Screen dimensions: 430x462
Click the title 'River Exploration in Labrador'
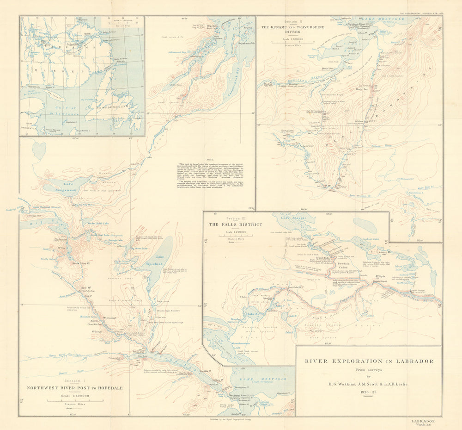point(368,361)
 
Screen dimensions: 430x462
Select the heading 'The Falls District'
point(235,224)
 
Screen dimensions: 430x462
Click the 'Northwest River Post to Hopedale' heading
point(74,388)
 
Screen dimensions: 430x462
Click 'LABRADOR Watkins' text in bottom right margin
point(423,423)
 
